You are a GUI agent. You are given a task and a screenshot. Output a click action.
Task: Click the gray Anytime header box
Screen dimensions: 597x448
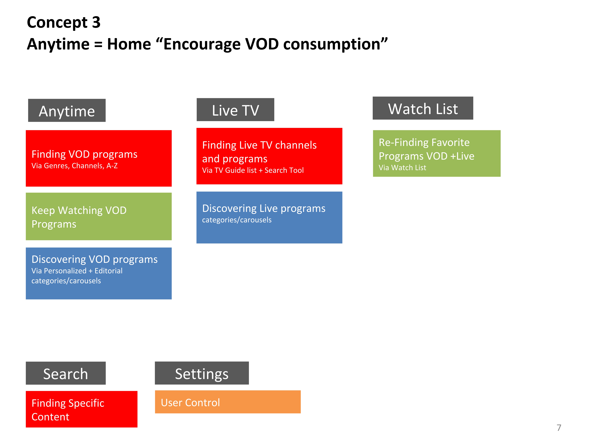point(67,110)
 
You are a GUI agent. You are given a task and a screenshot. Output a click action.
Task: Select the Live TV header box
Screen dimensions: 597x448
point(235,110)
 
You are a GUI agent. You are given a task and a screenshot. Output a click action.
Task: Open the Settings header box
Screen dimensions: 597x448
point(202,373)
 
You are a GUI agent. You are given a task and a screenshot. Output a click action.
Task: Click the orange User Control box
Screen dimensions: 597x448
point(228,402)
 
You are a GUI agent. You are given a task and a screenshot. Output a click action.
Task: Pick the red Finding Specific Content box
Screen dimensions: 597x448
point(82,409)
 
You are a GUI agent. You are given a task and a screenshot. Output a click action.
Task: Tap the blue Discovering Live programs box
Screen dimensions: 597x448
point(269,217)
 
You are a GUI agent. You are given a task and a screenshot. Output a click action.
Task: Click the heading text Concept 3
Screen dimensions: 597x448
point(64,22)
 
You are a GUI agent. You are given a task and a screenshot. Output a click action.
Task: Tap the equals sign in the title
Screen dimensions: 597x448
point(98,44)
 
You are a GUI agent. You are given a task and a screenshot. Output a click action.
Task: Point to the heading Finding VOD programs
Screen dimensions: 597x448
point(84,154)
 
